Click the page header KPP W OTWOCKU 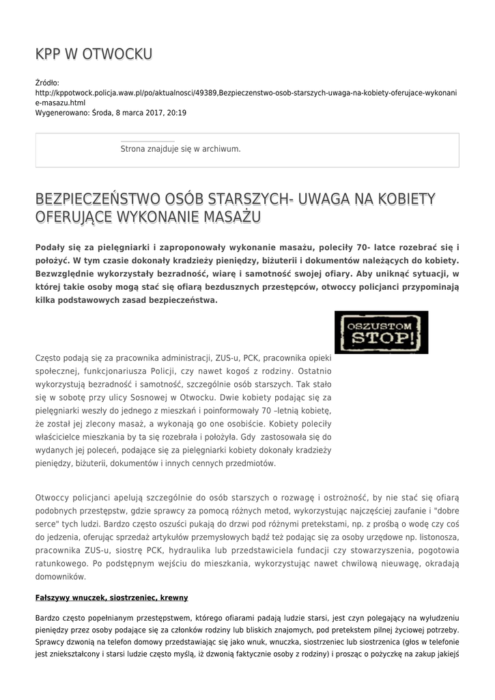94,54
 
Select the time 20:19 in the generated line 176,113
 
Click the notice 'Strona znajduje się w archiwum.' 180,148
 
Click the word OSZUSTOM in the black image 380,325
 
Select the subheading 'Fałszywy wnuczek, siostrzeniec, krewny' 111,597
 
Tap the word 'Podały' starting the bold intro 51,247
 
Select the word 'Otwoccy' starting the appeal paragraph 53,498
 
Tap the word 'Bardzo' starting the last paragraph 47,617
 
